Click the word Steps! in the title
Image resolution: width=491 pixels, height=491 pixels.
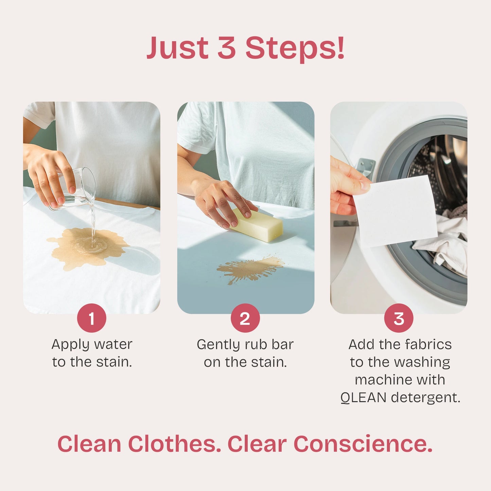295,48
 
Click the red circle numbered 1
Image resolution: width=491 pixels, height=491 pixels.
91,318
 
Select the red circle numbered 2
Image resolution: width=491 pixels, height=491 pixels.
245,318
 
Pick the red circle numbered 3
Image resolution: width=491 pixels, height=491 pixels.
399,318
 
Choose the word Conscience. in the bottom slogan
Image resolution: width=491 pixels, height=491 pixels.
363,444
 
